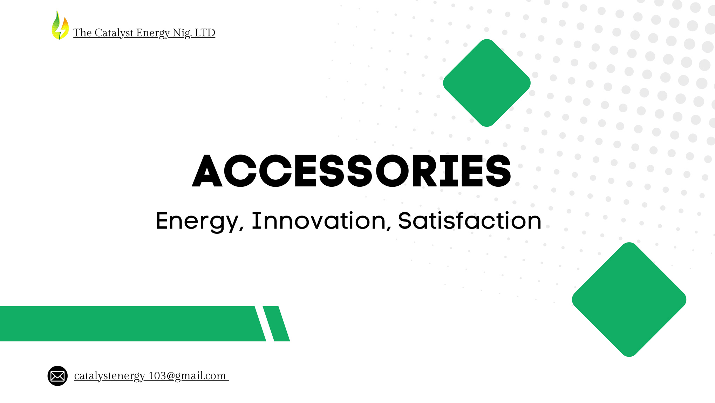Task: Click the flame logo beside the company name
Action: [x=60, y=25]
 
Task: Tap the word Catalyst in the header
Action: [x=114, y=33]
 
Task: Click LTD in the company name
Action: [x=205, y=33]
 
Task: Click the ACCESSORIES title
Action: [x=352, y=171]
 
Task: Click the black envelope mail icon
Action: [x=57, y=376]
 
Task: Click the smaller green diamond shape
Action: [x=487, y=83]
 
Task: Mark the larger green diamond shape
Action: [x=629, y=299]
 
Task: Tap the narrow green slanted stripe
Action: [x=276, y=323]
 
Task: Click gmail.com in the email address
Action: [x=200, y=376]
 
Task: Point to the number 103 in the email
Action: [x=157, y=376]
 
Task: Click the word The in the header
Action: [x=83, y=33]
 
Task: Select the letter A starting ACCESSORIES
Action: [x=207, y=171]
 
